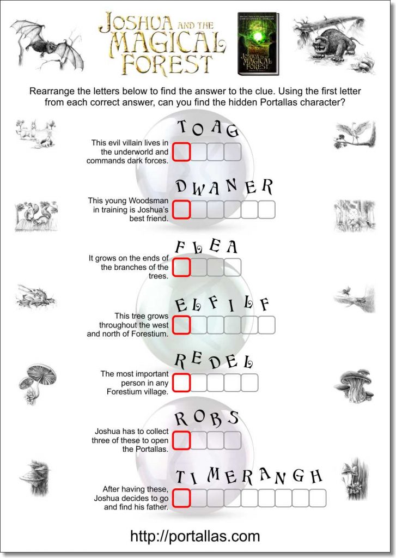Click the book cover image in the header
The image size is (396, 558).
click(x=258, y=44)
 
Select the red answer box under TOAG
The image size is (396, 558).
click(x=181, y=151)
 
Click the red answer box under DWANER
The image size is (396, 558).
click(x=181, y=209)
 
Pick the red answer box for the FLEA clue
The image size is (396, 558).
click(x=181, y=266)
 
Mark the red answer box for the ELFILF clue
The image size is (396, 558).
click(x=181, y=324)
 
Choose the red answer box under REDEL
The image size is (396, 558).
click(x=181, y=382)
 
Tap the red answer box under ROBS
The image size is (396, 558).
click(x=181, y=440)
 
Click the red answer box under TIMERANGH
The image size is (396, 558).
click(x=181, y=498)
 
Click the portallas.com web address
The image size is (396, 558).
click(x=195, y=536)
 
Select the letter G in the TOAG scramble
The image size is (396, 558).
click(x=233, y=131)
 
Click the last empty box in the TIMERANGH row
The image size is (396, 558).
click(x=317, y=498)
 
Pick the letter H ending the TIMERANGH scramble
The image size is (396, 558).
click(x=316, y=477)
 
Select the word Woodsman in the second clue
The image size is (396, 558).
click(x=147, y=201)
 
